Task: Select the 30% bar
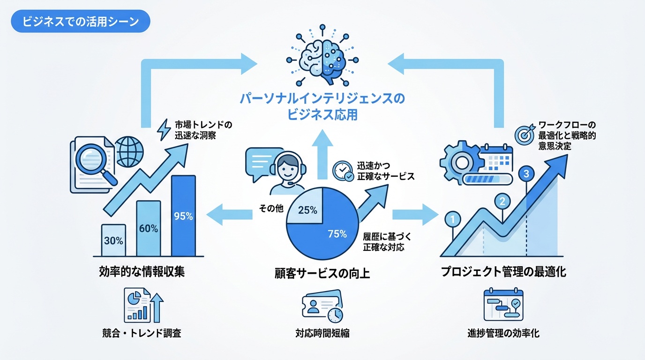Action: coord(113,240)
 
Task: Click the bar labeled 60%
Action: coord(149,228)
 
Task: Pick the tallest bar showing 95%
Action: coord(183,216)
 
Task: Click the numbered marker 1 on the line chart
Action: coord(452,218)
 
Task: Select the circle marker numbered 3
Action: coord(526,173)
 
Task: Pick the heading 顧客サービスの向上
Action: coord(322,273)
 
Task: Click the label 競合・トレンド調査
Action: coord(142,333)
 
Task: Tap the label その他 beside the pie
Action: coord(271,209)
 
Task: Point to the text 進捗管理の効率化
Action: coord(503,333)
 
